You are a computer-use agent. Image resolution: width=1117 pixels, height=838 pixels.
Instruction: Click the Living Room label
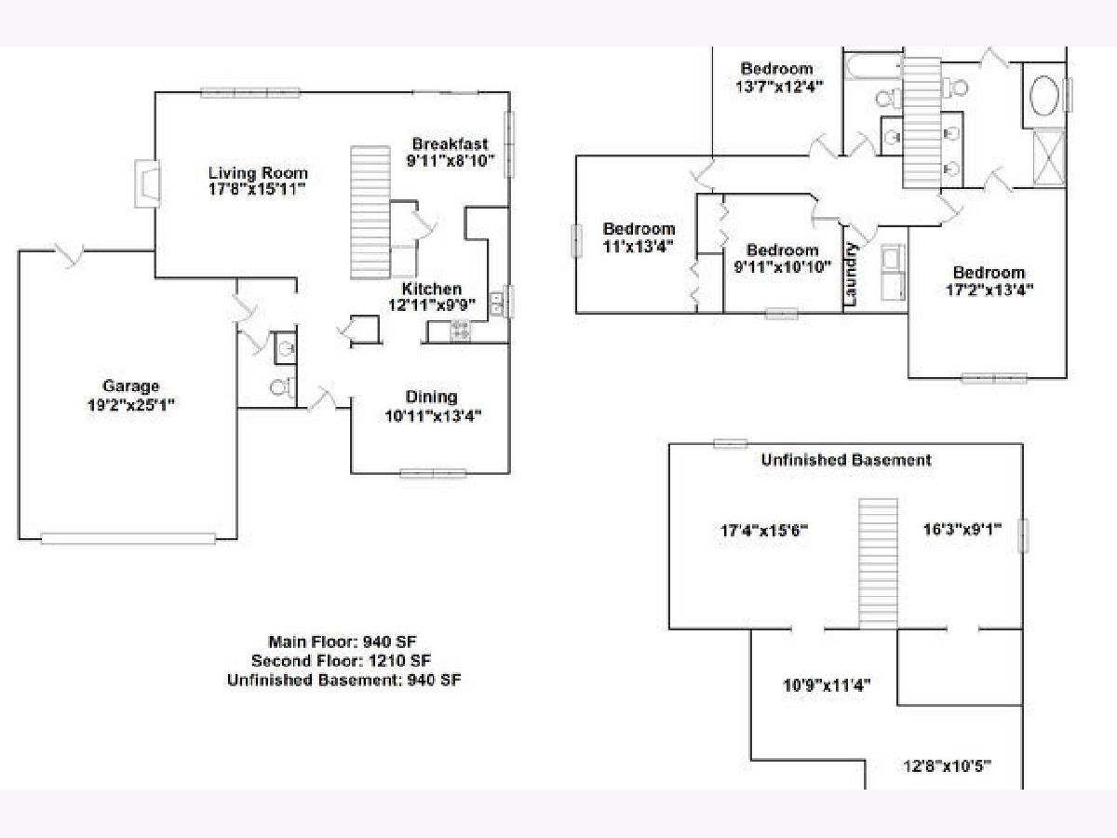(x=257, y=173)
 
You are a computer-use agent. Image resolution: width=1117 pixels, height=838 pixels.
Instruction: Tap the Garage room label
(x=130, y=386)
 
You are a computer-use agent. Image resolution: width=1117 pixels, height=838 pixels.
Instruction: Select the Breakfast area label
(x=450, y=144)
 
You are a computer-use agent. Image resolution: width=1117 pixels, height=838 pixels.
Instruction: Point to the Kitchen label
(x=431, y=290)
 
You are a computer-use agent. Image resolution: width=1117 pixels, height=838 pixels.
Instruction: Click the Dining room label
(x=432, y=398)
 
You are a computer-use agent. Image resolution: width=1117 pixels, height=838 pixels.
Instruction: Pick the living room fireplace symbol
(x=147, y=182)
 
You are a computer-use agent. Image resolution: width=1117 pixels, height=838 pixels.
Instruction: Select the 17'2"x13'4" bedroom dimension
(x=988, y=289)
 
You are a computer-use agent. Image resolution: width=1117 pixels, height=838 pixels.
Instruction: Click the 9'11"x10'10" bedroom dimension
(x=782, y=266)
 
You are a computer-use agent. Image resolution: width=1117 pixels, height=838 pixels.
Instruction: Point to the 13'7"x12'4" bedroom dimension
(x=777, y=85)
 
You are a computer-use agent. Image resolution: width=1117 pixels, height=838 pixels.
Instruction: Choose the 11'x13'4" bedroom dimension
(x=638, y=246)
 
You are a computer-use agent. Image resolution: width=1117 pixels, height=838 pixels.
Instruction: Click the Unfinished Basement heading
(x=845, y=460)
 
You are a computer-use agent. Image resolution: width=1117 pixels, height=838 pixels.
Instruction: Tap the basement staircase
(x=876, y=564)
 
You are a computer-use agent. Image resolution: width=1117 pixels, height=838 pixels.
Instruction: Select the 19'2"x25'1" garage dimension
(x=130, y=405)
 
